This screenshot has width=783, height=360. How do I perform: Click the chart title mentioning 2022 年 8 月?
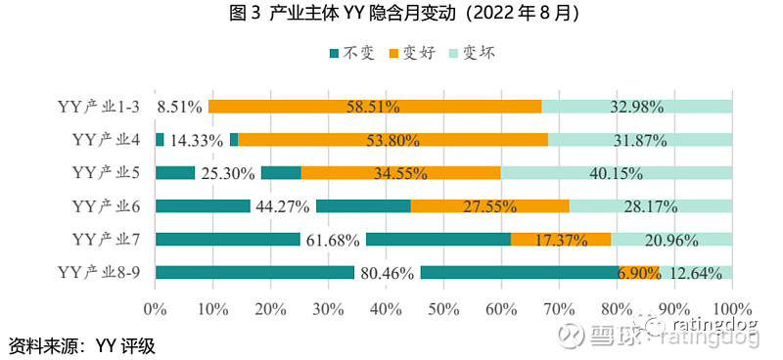coord(391,14)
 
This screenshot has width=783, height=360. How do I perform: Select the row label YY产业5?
coord(107,172)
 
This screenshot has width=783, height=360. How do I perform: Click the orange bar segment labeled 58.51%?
coord(375,106)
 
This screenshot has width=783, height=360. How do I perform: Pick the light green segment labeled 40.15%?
coord(617,172)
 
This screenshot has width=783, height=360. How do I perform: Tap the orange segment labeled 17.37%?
coord(561,239)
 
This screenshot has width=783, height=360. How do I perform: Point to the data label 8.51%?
coord(180,107)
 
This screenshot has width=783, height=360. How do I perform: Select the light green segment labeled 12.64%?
coord(696,272)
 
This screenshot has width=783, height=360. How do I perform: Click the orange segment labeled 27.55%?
coord(489,205)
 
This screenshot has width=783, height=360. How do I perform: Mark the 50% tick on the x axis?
coord(443,309)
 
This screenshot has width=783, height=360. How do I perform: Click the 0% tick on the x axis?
coord(156,309)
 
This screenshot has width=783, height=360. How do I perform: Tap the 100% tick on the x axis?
coord(732,309)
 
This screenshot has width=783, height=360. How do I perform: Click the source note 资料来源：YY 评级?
coord(82,345)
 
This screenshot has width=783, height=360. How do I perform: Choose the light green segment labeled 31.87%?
coord(640,139)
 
